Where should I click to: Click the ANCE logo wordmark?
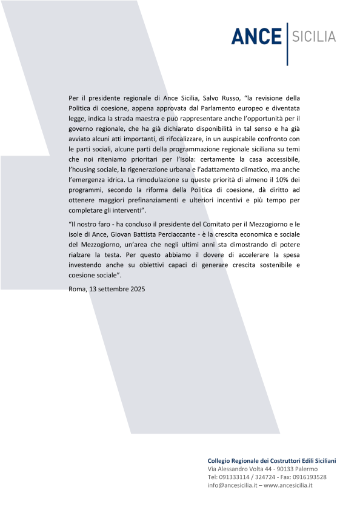tap(256, 36)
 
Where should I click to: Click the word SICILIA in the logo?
tap(314, 36)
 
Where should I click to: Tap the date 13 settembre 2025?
tap(116, 288)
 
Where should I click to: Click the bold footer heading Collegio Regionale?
tap(272, 461)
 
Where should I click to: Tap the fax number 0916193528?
tap(305, 477)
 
